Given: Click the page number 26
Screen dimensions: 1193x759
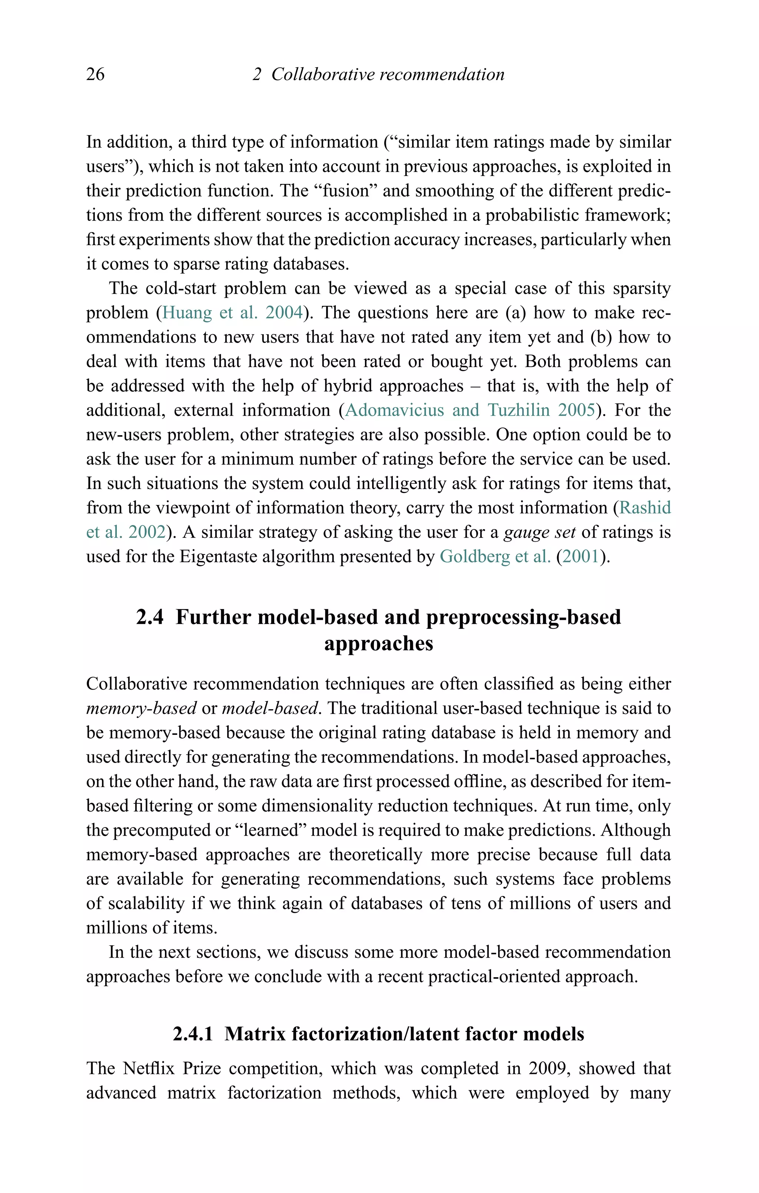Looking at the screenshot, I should point(95,74).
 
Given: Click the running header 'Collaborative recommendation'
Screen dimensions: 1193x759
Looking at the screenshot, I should point(387,74).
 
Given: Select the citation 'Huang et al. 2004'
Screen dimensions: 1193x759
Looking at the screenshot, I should point(232,313).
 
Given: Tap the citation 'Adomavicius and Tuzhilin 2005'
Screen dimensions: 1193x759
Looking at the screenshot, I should point(470,410).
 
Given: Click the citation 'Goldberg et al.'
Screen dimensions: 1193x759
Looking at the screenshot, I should point(495,556).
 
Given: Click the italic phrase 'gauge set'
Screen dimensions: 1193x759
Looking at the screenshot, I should point(539,532).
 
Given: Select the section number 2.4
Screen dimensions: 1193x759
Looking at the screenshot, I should point(150,617).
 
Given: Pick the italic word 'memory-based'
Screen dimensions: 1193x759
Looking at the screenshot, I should point(141,708).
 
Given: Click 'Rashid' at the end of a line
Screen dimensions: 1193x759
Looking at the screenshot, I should point(645,508).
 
